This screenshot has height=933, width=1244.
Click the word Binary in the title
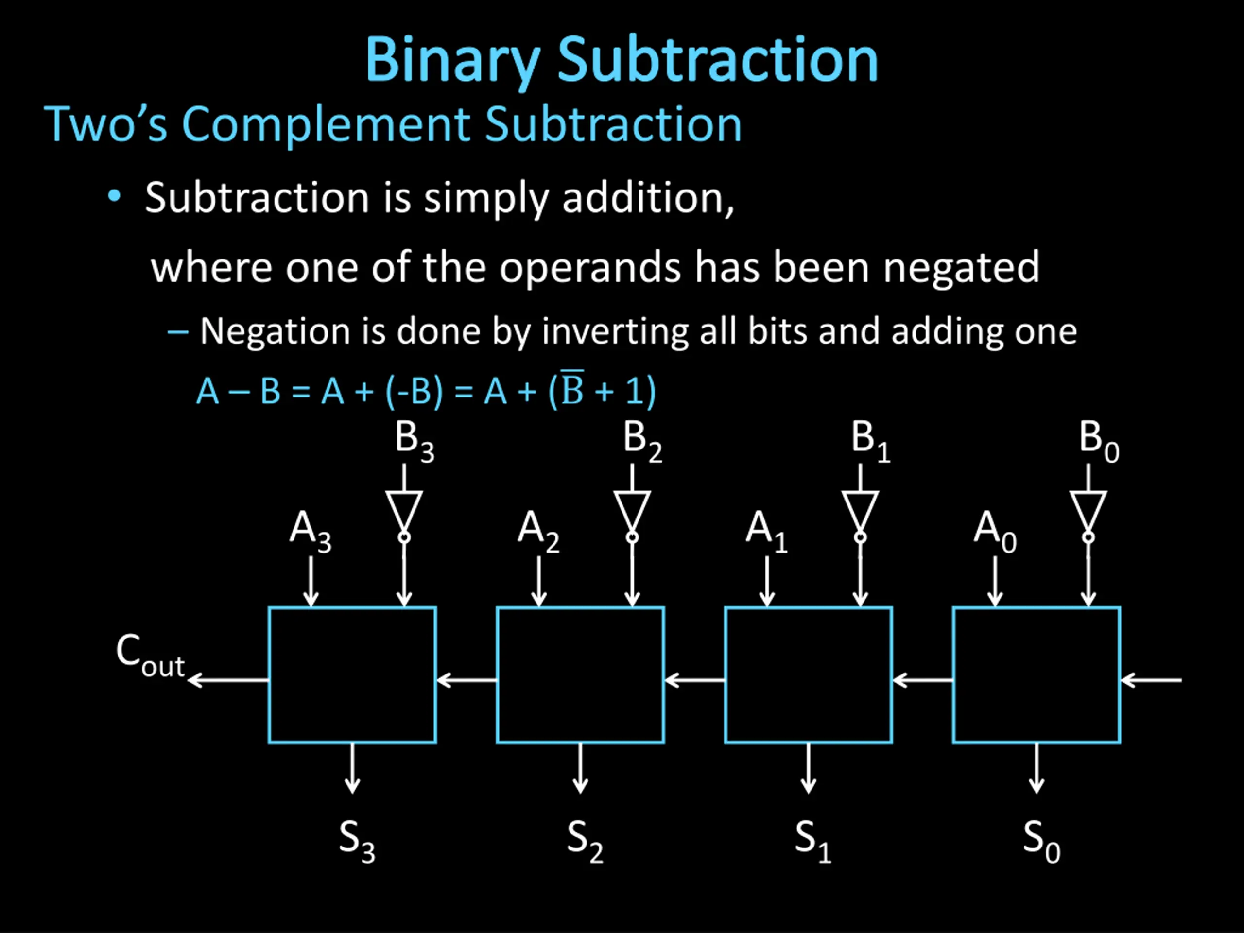pyautogui.click(x=453, y=61)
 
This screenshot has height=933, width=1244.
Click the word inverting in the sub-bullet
pyautogui.click(x=615, y=332)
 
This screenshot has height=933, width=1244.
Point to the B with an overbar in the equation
pyautogui.click(x=572, y=389)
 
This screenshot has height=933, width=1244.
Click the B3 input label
pyautogui.click(x=415, y=441)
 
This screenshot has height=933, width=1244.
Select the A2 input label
pyautogui.click(x=538, y=532)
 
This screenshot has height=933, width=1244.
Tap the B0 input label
pyautogui.click(x=1098, y=441)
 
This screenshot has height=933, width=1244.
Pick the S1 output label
pyautogui.click(x=812, y=841)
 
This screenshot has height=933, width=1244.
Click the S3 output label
pyautogui.click(x=357, y=841)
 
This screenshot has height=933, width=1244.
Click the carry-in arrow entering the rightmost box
pyautogui.click(x=1151, y=680)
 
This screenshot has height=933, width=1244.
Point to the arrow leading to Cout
pyautogui.click(x=228, y=680)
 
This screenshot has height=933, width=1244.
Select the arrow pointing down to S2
pyautogui.click(x=580, y=768)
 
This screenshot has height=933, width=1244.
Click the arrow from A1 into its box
pyautogui.click(x=767, y=582)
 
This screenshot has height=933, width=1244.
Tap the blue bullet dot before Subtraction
pyautogui.click(x=115, y=196)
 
